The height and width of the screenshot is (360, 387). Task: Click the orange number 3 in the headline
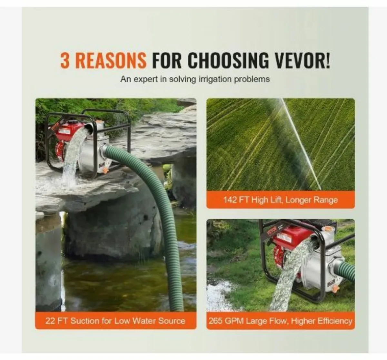[x=65, y=60]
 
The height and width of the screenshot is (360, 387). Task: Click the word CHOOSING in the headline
[x=228, y=60]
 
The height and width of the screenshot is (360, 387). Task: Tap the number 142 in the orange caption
[x=230, y=200]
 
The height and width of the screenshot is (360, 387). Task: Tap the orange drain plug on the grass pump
[x=335, y=289]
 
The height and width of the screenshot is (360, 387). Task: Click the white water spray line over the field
[x=301, y=144]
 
